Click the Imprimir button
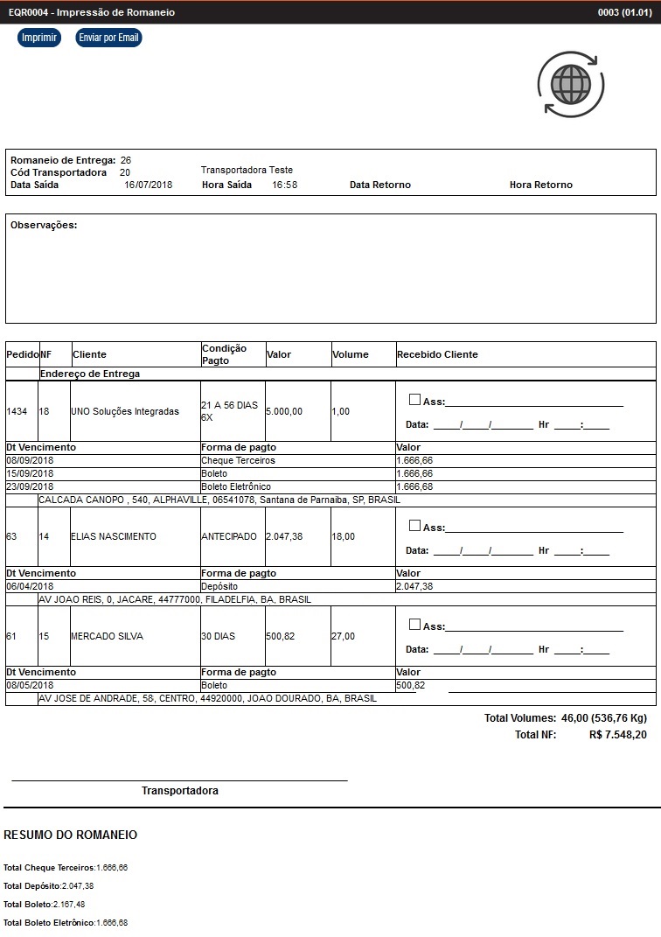39,38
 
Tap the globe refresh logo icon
570,84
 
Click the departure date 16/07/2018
149,185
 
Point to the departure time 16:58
284,185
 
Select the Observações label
44,225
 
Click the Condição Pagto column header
224,354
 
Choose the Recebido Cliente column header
437,354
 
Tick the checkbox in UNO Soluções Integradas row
415,400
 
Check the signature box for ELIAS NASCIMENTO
415,526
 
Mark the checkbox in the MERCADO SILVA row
415,625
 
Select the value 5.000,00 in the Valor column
284,411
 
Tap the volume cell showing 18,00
343,536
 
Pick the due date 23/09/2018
31,486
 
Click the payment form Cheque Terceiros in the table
238,460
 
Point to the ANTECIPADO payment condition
229,536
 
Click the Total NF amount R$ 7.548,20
618,735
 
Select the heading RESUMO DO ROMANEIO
70,836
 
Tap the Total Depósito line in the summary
49,886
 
